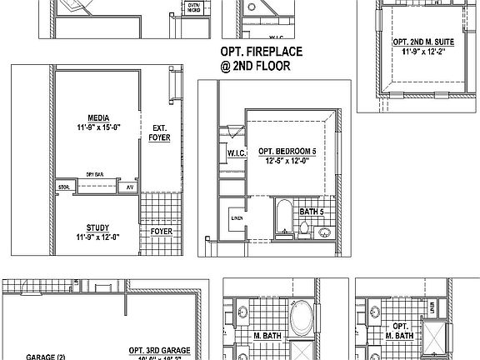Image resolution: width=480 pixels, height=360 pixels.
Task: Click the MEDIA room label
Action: tap(99, 118)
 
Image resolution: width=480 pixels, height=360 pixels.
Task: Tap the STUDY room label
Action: tap(98, 227)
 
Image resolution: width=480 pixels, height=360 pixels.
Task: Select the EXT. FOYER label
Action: tap(159, 133)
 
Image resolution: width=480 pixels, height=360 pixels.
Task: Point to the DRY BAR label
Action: tap(94, 174)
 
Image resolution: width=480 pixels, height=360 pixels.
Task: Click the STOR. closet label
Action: tap(63, 187)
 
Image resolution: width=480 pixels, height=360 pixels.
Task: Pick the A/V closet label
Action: tap(130, 187)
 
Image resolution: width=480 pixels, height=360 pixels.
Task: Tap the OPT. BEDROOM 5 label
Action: tap(287, 151)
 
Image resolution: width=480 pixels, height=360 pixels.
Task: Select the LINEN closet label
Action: tap(237, 221)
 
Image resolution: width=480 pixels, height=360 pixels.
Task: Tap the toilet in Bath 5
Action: tap(305, 227)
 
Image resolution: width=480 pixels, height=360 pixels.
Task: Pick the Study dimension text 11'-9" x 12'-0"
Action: tap(98, 237)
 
